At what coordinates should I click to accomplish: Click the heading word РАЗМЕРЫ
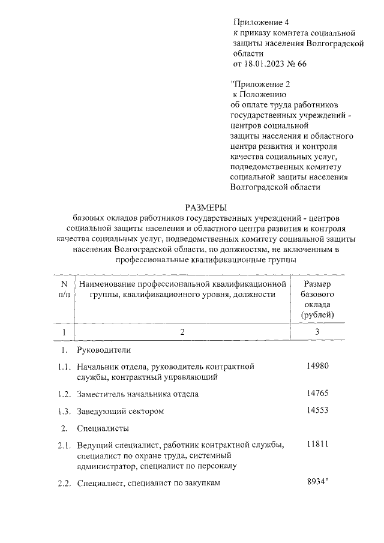(191, 207)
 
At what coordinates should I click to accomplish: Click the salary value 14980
(317, 367)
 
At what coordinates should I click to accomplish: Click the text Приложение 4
(260, 23)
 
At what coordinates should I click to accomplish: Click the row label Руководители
(104, 350)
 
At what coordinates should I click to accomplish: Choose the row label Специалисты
(103, 428)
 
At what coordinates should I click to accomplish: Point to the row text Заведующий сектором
(121, 412)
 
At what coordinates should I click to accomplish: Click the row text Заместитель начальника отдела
(137, 394)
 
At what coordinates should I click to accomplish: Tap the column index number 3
(317, 332)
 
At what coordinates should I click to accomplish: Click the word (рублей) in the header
(317, 314)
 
